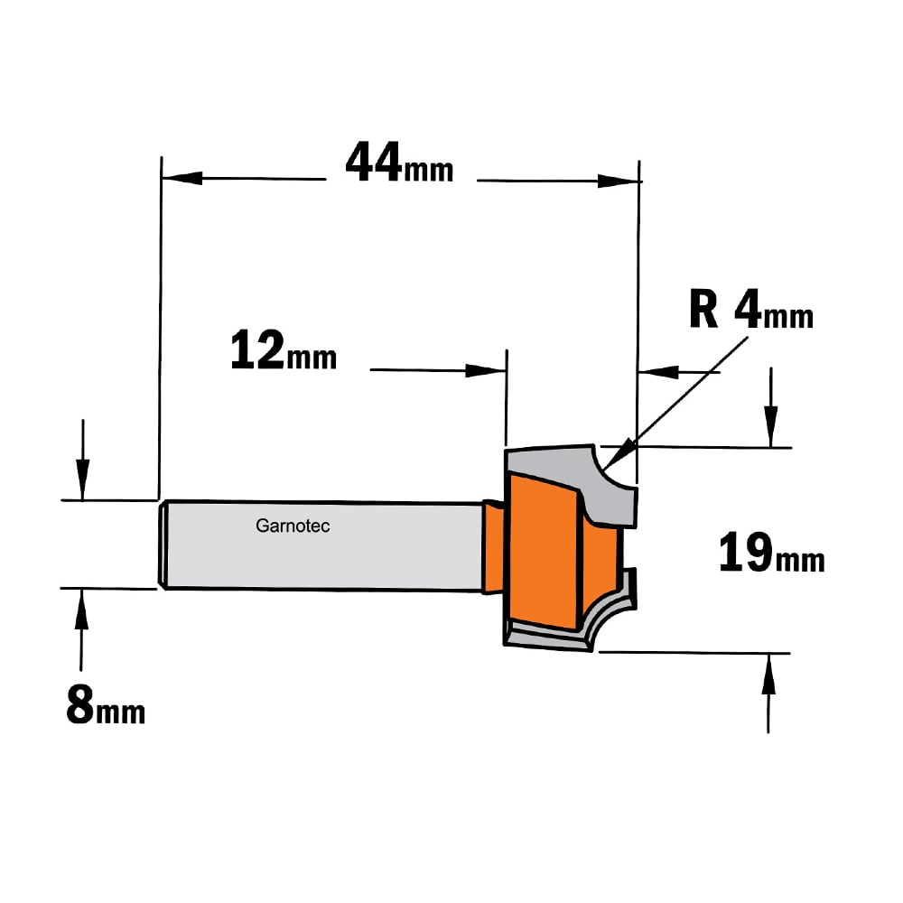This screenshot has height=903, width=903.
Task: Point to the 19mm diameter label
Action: pyautogui.click(x=772, y=553)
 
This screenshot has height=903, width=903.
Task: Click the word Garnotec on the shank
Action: pyautogui.click(x=293, y=526)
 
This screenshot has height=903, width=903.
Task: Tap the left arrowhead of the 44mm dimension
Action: pyautogui.click(x=182, y=178)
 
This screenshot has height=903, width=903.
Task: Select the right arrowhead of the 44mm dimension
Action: pyautogui.click(x=619, y=181)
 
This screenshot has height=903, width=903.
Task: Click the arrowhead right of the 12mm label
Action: pyautogui.click(x=486, y=370)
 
